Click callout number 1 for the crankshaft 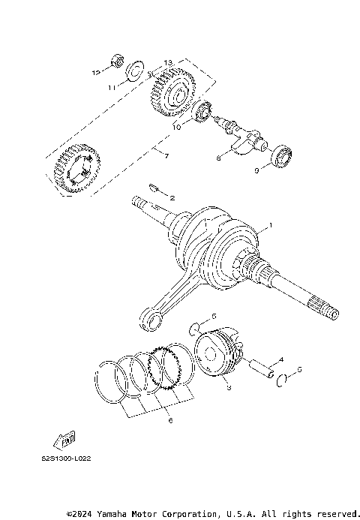click(271, 225)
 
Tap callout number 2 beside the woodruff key click(172, 198)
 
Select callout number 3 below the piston click(229, 388)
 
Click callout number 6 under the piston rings click(170, 421)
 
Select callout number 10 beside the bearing click(177, 128)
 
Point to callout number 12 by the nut click(96, 73)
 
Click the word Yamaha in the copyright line click(109, 513)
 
